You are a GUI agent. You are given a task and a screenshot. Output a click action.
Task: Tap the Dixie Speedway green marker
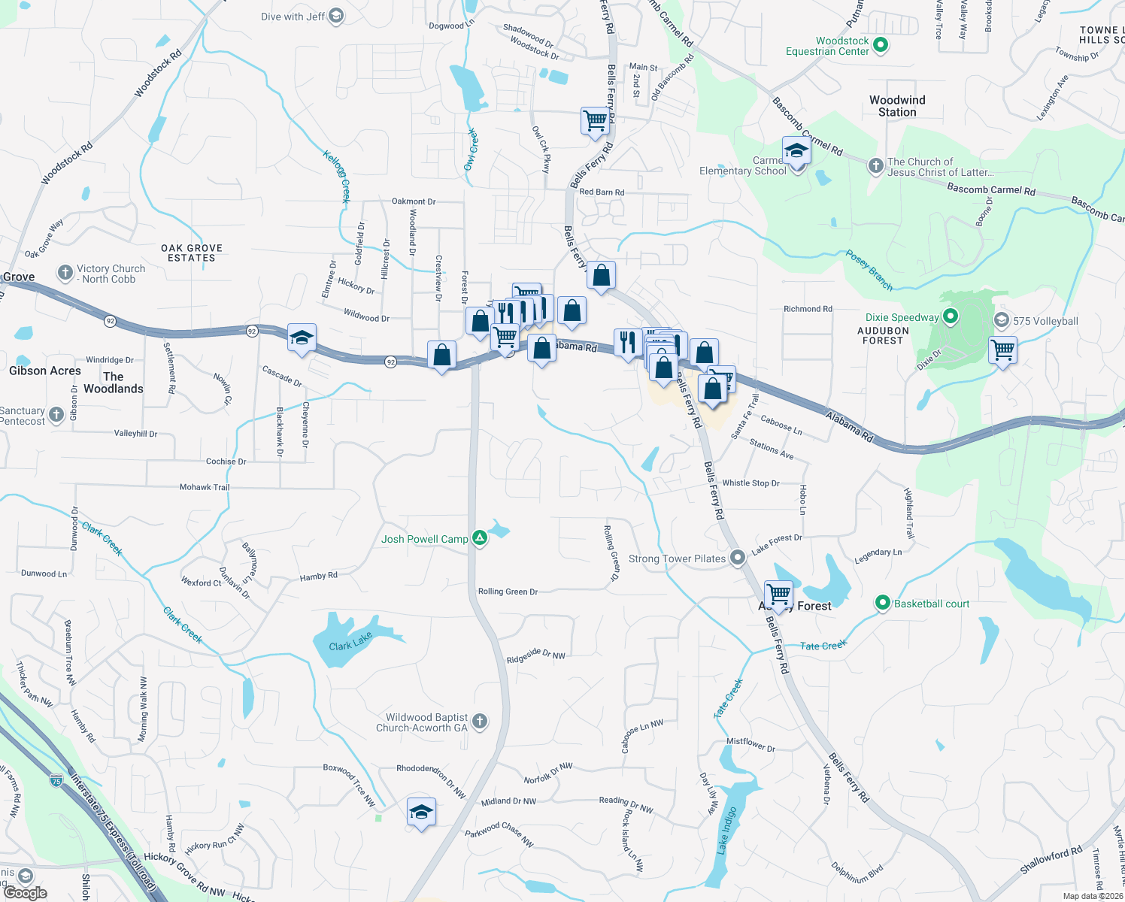click(951, 317)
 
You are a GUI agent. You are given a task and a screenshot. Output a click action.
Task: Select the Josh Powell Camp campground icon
click(479, 538)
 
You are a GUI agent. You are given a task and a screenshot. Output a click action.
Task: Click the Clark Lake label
click(350, 642)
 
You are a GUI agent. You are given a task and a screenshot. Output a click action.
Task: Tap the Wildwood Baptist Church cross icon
click(480, 722)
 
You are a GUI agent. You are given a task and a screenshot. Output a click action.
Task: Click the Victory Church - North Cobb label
click(111, 274)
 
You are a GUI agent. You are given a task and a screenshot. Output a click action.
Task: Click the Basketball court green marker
click(882, 603)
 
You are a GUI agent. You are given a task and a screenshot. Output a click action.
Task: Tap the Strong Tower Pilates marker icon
click(738, 557)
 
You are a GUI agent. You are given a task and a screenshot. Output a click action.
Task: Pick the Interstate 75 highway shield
click(56, 781)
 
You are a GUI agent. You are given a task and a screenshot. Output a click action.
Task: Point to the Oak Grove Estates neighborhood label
click(192, 253)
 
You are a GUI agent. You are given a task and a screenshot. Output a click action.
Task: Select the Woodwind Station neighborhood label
click(897, 106)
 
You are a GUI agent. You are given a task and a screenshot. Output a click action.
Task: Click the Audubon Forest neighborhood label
click(883, 335)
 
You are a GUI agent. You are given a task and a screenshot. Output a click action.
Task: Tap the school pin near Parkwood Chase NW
click(421, 813)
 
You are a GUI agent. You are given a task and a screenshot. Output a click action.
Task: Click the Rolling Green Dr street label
click(508, 592)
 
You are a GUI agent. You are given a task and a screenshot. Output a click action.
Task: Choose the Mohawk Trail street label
click(205, 487)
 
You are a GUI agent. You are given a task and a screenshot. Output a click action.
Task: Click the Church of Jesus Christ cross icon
click(875, 166)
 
